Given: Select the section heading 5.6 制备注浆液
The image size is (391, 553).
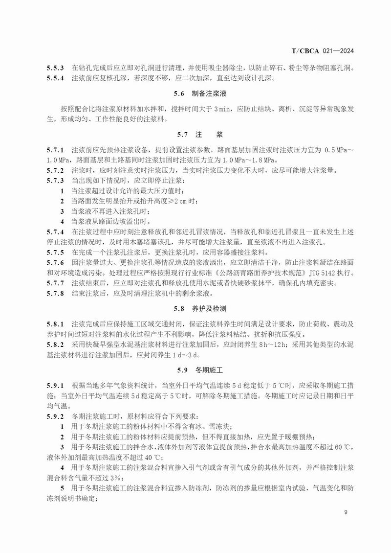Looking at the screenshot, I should click(195, 93).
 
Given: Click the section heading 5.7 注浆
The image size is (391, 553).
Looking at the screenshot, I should click(195, 134).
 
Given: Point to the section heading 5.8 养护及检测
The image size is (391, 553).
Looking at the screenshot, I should click(195, 309).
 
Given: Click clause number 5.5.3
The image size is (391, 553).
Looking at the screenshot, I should click(55, 68).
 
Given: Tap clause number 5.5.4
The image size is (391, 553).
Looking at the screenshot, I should click(55, 77).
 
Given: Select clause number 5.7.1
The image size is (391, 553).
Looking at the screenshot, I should click(55, 149).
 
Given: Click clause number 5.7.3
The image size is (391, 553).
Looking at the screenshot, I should click(55, 180).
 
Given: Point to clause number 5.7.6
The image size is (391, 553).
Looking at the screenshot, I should click(55, 263).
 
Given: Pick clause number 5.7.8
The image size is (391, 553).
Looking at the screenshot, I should click(55, 294).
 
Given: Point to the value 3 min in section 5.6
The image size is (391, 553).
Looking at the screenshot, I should click(223, 109).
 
